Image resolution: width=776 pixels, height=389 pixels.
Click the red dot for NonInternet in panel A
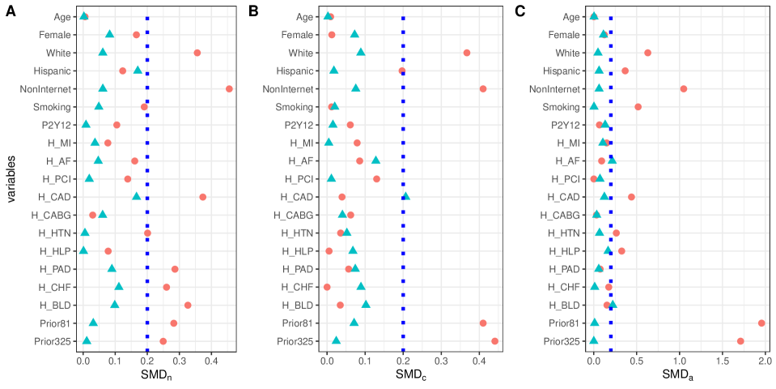pyautogui.click(x=229, y=88)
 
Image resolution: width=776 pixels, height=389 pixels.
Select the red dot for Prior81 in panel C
pyautogui.click(x=761, y=323)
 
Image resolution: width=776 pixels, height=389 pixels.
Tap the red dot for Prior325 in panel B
pyautogui.click(x=494, y=340)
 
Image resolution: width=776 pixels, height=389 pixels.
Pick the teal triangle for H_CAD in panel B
pyautogui.click(x=405, y=196)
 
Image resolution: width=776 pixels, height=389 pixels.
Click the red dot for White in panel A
pyautogui.click(x=197, y=53)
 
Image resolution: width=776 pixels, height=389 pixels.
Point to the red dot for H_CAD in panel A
pyautogui.click(x=202, y=197)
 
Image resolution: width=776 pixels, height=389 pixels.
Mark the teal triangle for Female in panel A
pyautogui.click(x=110, y=34)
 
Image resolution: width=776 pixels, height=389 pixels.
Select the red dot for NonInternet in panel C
pyautogui.click(x=684, y=88)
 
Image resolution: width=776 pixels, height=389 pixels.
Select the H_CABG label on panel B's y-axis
pyautogui.click(x=297, y=215)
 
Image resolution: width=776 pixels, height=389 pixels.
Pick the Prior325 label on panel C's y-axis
pyautogui.click(x=560, y=340)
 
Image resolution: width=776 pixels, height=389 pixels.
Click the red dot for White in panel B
pyautogui.click(x=467, y=53)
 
